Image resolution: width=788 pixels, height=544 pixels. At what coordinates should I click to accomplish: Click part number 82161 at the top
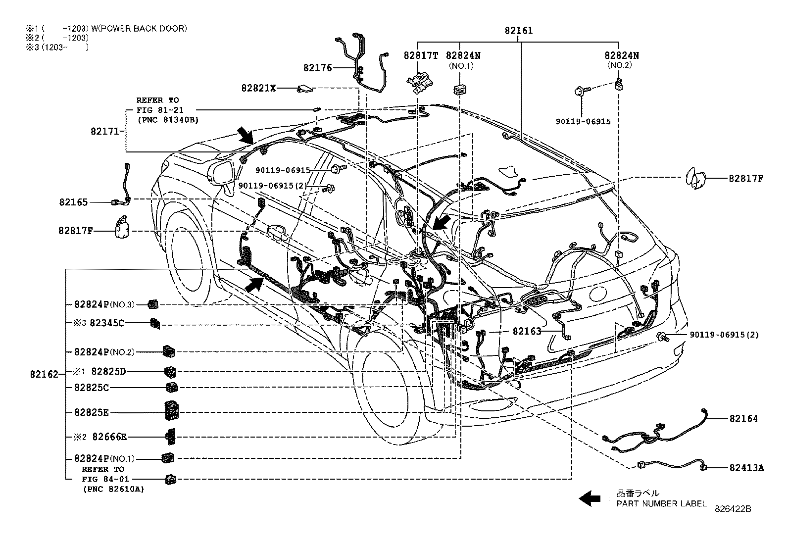tap(518, 31)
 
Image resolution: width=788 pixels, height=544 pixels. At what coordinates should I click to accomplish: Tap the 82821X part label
tap(258, 88)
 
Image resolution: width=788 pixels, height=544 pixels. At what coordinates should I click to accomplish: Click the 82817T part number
tap(421, 56)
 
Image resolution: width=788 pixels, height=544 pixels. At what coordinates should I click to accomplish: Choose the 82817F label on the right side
tap(745, 179)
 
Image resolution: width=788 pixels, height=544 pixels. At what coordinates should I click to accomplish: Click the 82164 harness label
tap(743, 419)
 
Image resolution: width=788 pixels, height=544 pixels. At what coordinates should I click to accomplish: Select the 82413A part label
tap(746, 467)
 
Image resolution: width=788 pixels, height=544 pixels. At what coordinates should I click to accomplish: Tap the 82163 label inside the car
tap(527, 331)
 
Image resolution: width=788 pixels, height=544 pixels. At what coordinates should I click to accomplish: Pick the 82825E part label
tap(92, 412)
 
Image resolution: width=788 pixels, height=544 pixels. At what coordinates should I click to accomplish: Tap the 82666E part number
tap(109, 437)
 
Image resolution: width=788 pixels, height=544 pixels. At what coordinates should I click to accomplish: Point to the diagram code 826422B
tap(733, 509)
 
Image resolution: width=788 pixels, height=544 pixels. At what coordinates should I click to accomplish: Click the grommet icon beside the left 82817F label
tap(122, 228)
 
